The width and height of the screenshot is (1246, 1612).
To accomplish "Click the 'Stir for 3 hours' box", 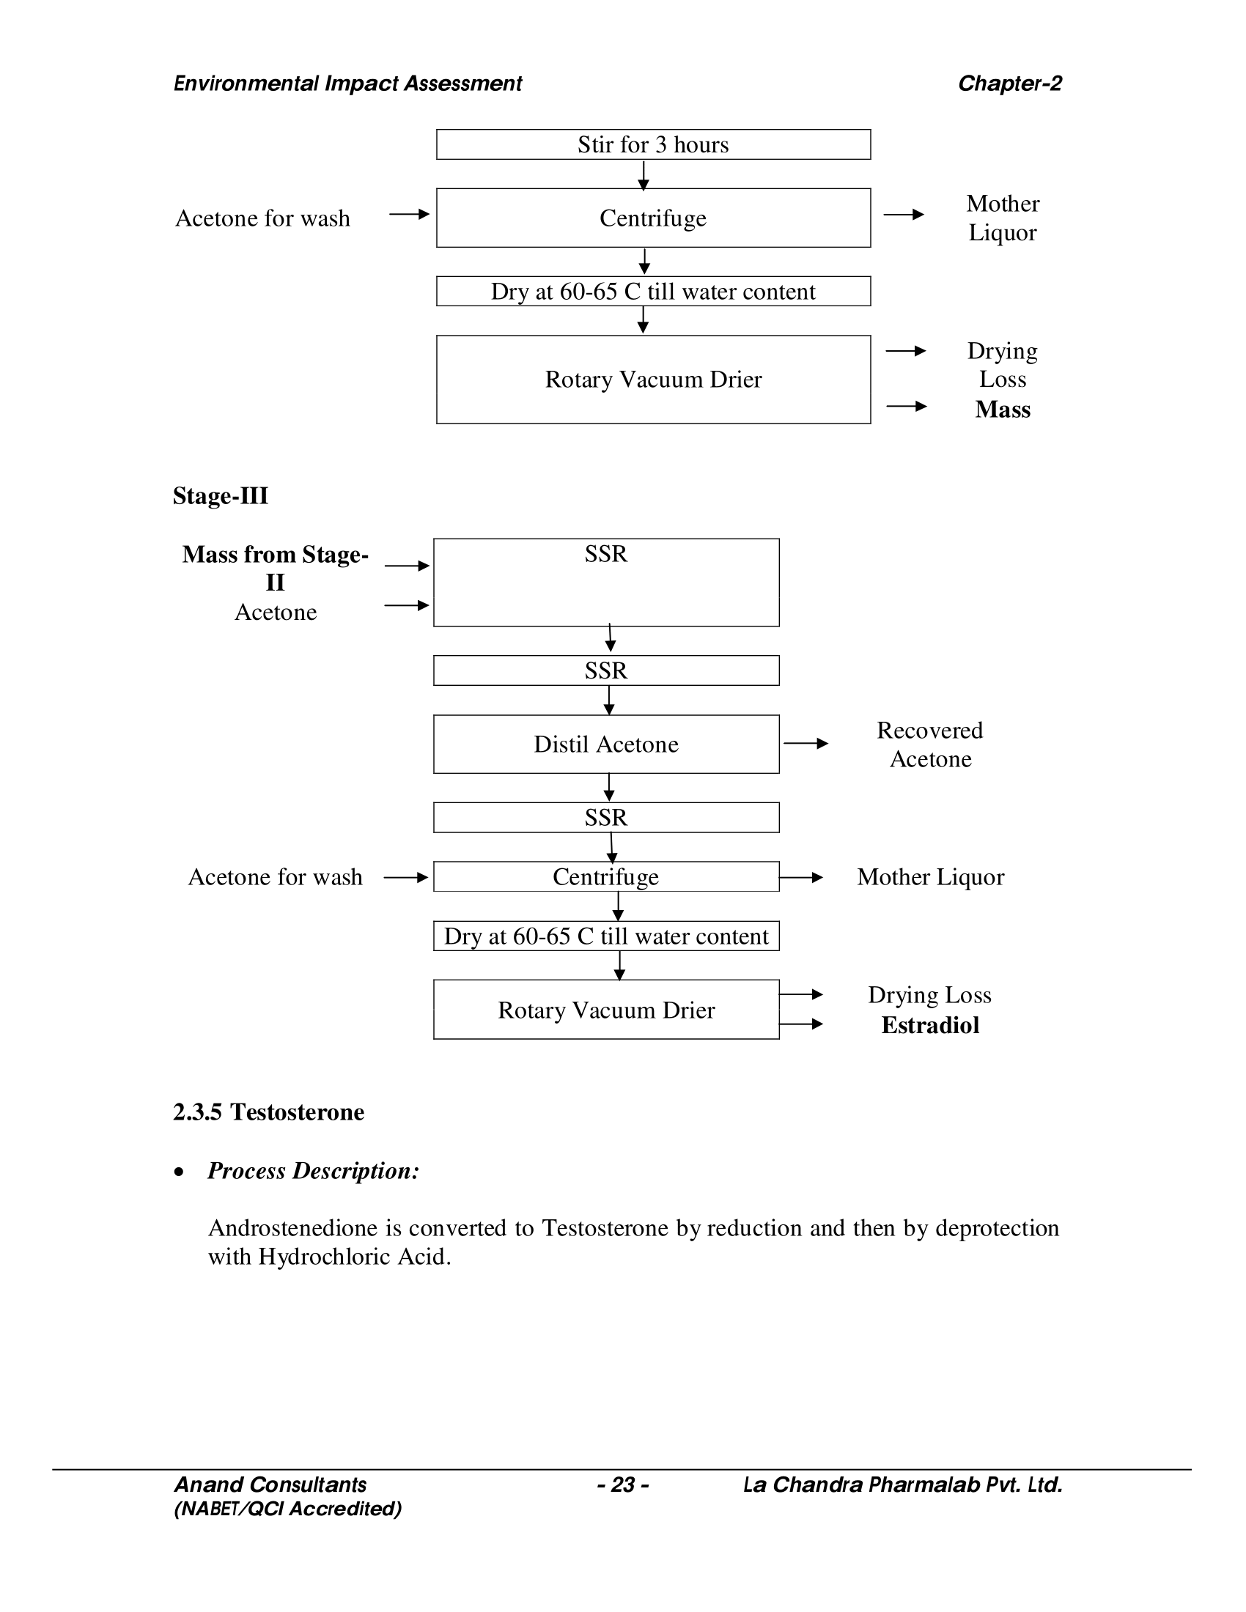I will (x=652, y=144).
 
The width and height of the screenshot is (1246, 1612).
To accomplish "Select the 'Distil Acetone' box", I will (x=606, y=744).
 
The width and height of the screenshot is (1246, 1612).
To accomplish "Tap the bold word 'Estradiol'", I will (x=930, y=1025).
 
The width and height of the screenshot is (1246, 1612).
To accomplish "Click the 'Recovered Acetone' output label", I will (x=930, y=744).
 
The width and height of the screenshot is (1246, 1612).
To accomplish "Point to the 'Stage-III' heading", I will (x=220, y=495).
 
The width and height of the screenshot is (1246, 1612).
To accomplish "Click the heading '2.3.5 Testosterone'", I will (x=269, y=1112).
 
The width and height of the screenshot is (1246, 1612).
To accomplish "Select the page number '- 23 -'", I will (x=622, y=1485).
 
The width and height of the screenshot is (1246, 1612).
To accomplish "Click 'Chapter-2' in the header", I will (x=1009, y=84).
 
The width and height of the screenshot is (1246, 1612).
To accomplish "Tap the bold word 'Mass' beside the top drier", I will (x=1003, y=409).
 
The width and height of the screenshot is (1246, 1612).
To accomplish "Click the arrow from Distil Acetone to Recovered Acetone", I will (x=806, y=743).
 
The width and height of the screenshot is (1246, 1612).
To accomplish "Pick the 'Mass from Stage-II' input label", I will (x=275, y=568).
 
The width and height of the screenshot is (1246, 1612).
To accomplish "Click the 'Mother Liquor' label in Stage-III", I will (x=930, y=877).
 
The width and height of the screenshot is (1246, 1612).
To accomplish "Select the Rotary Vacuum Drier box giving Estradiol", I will (x=606, y=1010).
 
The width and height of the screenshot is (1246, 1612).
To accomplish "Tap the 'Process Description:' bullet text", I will (x=313, y=1171).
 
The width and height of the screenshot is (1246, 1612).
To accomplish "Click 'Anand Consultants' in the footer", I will (x=270, y=1485).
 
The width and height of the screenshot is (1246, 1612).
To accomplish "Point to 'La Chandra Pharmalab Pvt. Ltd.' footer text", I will (x=902, y=1485).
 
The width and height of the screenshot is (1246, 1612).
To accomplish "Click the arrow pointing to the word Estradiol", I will (x=802, y=1024).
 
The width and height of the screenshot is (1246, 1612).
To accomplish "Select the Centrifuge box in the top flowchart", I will (x=652, y=218).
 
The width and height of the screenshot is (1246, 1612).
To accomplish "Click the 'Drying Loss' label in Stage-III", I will (x=929, y=995).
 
